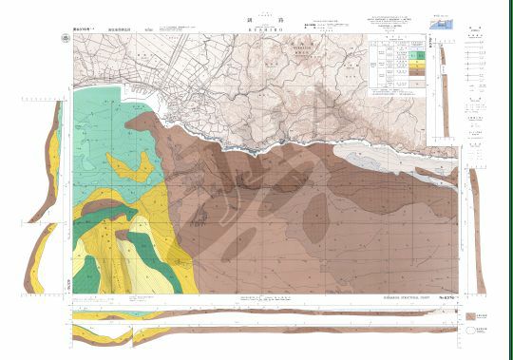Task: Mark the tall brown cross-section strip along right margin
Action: coord(477,228)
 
